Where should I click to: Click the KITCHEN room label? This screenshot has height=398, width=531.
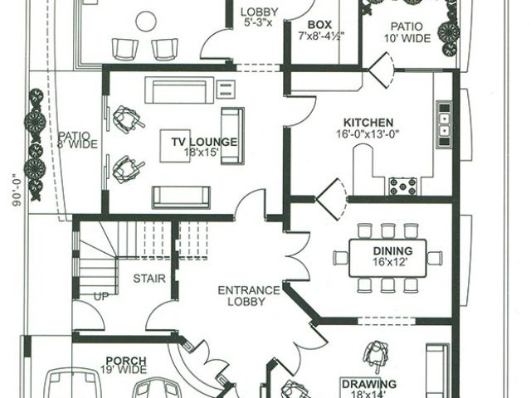[x=368, y=123]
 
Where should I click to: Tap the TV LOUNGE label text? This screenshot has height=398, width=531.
[x=204, y=142]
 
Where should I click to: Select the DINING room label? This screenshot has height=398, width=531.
[x=392, y=251]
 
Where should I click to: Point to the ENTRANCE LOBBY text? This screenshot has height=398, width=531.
[x=249, y=296]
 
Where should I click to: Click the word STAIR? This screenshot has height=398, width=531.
[x=149, y=279]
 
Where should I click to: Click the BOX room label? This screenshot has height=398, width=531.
[x=319, y=25]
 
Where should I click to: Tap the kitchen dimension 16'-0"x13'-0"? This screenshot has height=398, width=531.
[x=368, y=134]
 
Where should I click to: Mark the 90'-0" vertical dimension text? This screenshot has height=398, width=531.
[x=17, y=190]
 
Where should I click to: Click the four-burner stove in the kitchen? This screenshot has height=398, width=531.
[x=402, y=186]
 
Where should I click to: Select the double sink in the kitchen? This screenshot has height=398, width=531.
[x=444, y=124]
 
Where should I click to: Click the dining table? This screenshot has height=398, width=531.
[x=387, y=258]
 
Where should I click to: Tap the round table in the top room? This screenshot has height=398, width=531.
[x=146, y=22]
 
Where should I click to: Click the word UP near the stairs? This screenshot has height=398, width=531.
[x=101, y=297]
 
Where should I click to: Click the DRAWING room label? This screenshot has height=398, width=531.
[x=369, y=384]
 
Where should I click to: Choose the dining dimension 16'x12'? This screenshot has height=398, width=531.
[x=390, y=262]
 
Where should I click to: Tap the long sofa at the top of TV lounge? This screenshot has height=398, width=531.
[x=179, y=90]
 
